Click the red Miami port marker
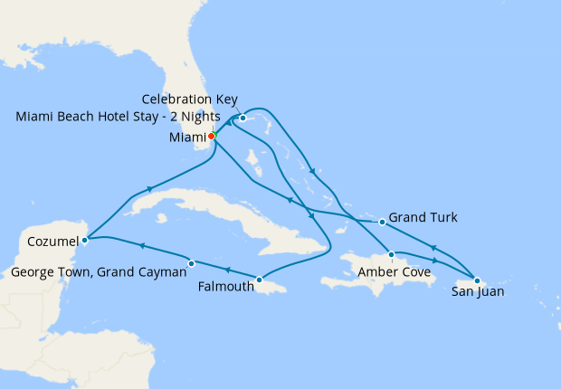point(211,137)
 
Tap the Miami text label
point(186,138)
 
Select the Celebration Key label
point(189,99)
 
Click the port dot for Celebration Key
point(242,118)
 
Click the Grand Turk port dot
point(382,222)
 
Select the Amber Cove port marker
point(391,254)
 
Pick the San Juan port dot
point(476,280)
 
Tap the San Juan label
point(478,292)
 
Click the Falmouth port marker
point(260,280)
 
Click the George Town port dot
point(191,263)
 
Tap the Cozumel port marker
point(84,240)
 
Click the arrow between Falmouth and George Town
point(226,270)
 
